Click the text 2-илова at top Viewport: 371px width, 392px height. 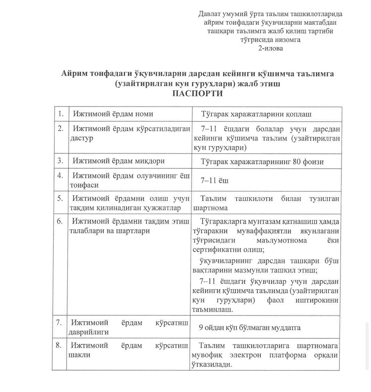271,48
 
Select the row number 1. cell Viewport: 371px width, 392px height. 61,114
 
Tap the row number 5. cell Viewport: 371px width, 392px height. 61,198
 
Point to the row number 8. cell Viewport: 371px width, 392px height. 59,345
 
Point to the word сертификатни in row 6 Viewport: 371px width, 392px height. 217,249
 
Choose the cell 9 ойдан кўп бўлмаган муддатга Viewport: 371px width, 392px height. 250,327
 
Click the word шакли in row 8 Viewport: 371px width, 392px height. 80,355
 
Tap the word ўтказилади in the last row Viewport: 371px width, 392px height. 211,364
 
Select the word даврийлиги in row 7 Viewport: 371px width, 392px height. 89,332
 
